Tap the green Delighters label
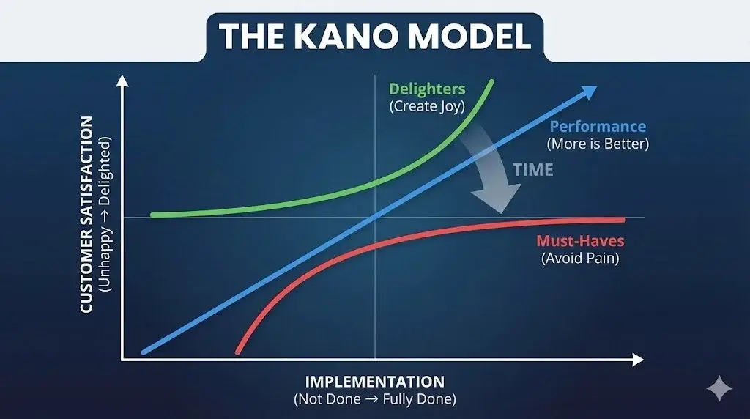pyautogui.click(x=427, y=89)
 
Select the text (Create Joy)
pyautogui.click(x=427, y=106)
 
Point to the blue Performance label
pyautogui.click(x=598, y=127)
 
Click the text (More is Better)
pyautogui.click(x=598, y=144)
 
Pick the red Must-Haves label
pyautogui.click(x=581, y=240)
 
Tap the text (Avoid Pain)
pyautogui.click(x=581, y=258)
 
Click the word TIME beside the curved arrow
pyautogui.click(x=532, y=169)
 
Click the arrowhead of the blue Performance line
pyautogui.click(x=590, y=92)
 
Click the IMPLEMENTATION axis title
pyautogui.click(x=375, y=382)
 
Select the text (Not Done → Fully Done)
pyautogui.click(x=375, y=400)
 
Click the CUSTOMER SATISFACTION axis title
pyautogui.click(x=86, y=214)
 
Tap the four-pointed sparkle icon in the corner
pyautogui.click(x=719, y=388)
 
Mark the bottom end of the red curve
pyautogui.click(x=237, y=352)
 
